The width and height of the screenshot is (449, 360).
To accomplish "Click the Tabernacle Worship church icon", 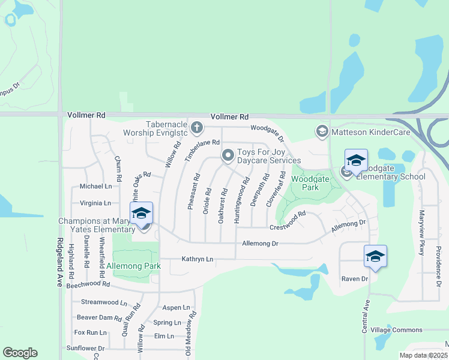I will [x=197, y=127].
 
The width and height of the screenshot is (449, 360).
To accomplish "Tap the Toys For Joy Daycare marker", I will [x=228, y=155].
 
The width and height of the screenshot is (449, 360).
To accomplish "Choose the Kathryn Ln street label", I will [x=197, y=259].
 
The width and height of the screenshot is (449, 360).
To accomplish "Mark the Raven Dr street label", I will [x=354, y=279].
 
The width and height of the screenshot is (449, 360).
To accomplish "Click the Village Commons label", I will [x=396, y=330].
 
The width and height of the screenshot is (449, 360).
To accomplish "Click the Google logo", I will [x=20, y=353].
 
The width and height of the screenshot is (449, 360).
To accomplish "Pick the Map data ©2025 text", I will [x=423, y=355].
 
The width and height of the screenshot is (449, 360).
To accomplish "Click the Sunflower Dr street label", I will [x=86, y=348].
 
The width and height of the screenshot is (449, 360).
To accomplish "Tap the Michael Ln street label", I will [x=95, y=187].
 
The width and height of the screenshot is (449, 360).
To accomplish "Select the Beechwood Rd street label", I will [x=88, y=284].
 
